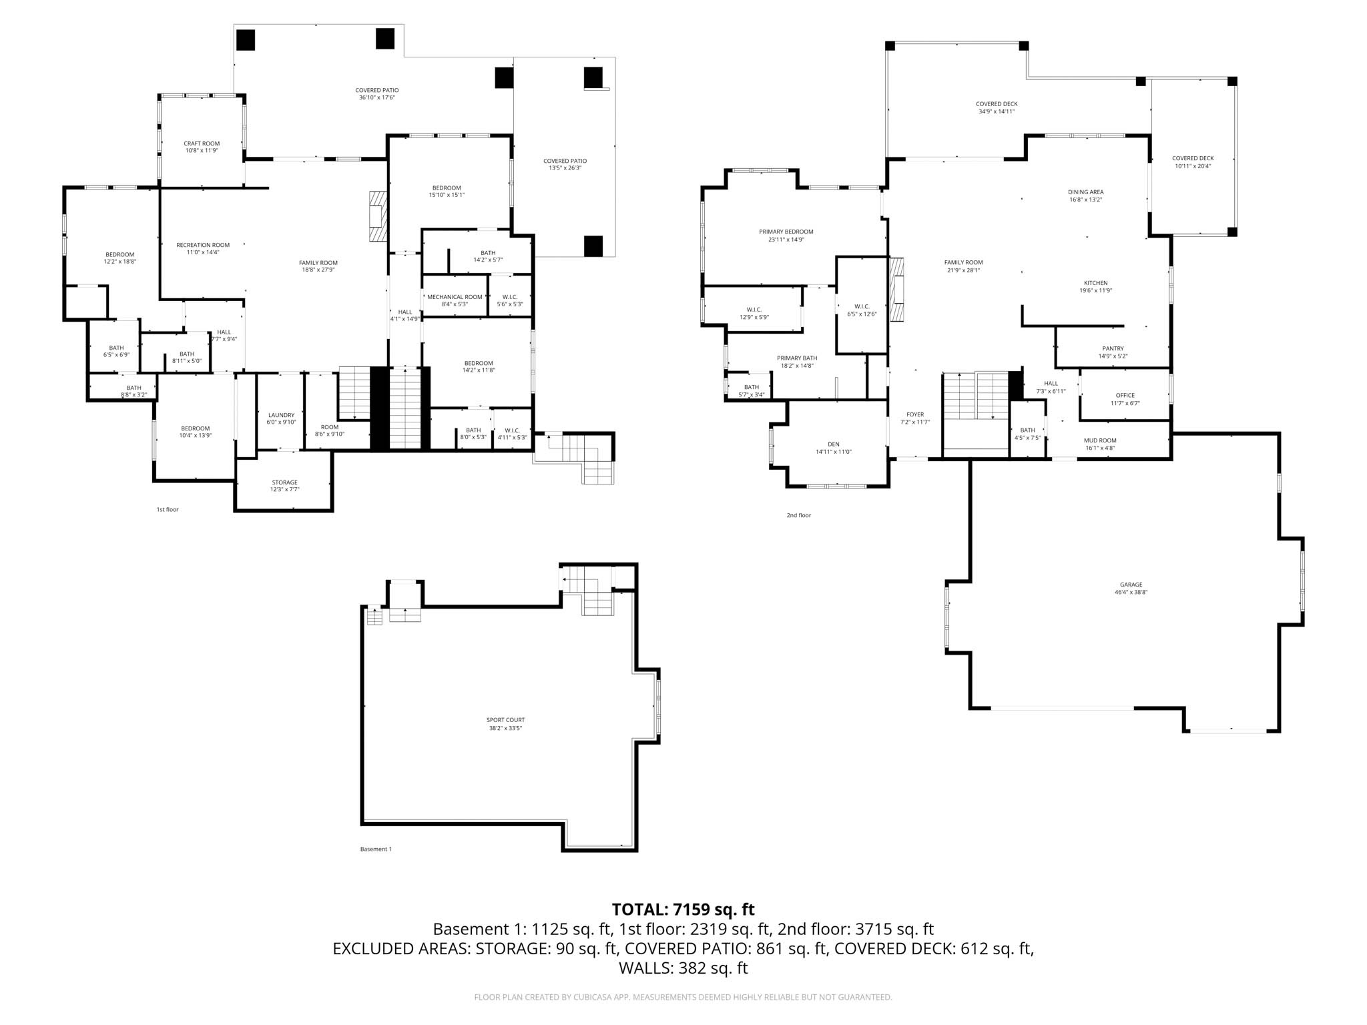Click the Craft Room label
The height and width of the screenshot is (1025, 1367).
pyautogui.click(x=202, y=143)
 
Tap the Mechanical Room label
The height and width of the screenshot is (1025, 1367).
pyautogui.click(x=455, y=297)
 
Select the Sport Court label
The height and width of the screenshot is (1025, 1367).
pyautogui.click(x=505, y=720)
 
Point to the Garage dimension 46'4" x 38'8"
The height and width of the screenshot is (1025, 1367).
pyautogui.click(x=1131, y=593)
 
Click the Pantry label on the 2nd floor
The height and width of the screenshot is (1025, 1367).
pyautogui.click(x=1113, y=348)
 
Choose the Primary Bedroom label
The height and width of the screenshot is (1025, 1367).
pyautogui.click(x=786, y=232)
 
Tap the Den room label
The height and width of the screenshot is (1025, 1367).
pyautogui.click(x=833, y=444)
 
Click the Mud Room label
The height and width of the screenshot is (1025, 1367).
pyautogui.click(x=1100, y=440)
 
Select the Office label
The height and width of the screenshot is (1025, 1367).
pyautogui.click(x=1125, y=396)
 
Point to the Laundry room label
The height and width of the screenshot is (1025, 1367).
pyautogui.click(x=281, y=415)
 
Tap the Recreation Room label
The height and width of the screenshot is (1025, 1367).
pyautogui.click(x=202, y=245)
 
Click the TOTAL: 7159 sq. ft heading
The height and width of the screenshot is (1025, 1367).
pyautogui.click(x=683, y=910)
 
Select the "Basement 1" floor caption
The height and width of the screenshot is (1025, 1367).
pyautogui.click(x=376, y=849)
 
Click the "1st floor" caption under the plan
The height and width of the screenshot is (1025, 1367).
pyautogui.click(x=168, y=510)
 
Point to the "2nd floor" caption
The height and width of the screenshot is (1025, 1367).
pyautogui.click(x=798, y=515)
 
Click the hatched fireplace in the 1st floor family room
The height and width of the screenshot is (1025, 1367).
pyautogui.click(x=378, y=216)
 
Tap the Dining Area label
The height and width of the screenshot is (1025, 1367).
pyautogui.click(x=1085, y=192)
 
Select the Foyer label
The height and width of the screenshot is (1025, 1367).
pyautogui.click(x=914, y=414)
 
